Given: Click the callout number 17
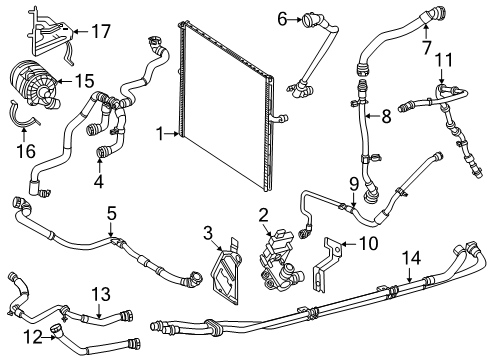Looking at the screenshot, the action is (100, 32).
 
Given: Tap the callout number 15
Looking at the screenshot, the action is (84, 81).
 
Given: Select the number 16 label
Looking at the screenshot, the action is (26, 151).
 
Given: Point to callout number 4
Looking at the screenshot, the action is (99, 181).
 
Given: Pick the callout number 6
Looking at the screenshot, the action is (282, 19).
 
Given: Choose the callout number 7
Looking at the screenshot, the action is (427, 47).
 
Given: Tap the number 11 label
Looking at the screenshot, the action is (386, 116).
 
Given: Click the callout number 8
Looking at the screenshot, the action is (354, 184).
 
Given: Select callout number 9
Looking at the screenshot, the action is (369, 244).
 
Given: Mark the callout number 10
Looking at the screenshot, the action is (444, 60).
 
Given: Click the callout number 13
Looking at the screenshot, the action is (101, 294).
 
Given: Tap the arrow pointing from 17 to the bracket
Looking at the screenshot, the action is (81, 32).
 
